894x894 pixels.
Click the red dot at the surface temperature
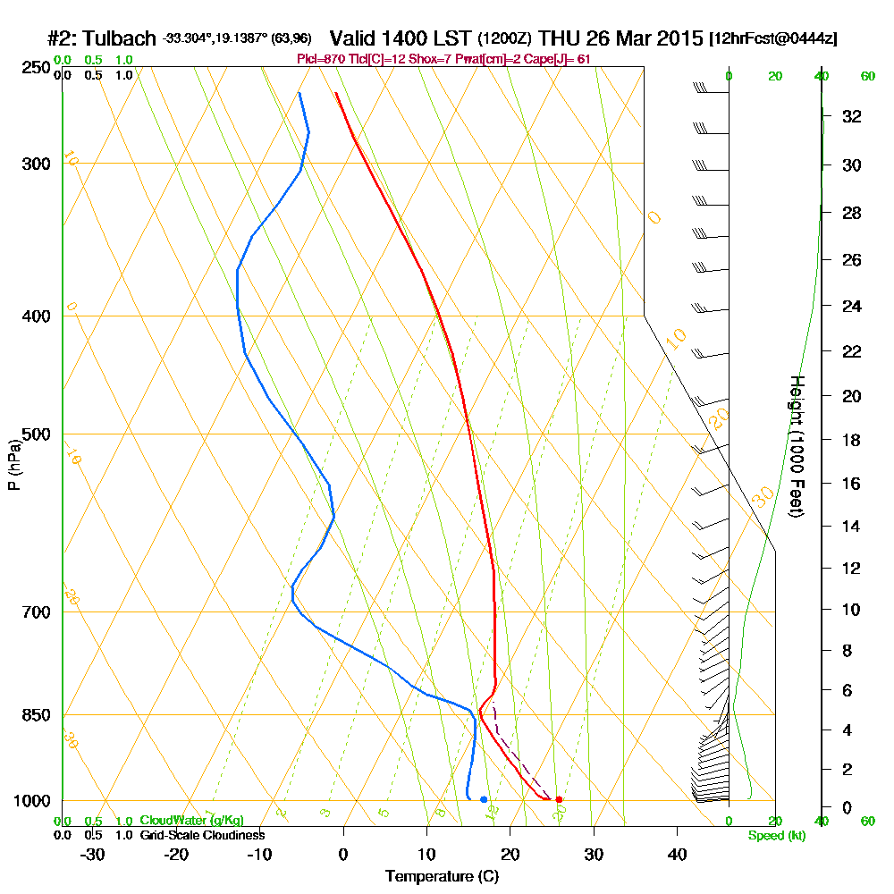tap(559, 799)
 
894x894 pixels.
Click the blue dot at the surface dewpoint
tap(484, 799)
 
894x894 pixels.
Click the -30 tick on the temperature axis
tap(92, 854)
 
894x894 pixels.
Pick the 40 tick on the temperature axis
tap(677, 854)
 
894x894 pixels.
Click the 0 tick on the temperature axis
tap(343, 854)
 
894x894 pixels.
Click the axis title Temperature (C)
tap(443, 876)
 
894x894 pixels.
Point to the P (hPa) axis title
tap(13, 465)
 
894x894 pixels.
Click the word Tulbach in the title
tap(121, 39)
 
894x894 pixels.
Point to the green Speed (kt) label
tap(773, 835)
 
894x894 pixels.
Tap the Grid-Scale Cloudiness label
tap(201, 835)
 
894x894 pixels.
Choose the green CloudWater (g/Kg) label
tap(190, 821)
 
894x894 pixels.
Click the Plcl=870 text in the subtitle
tap(318, 59)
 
